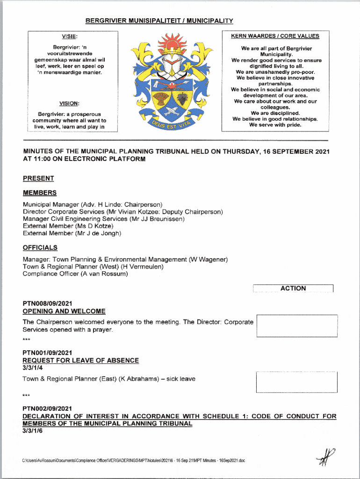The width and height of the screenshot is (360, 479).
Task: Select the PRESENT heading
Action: tap(38, 178)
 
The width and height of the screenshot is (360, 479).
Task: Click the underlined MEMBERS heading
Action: tap(40, 193)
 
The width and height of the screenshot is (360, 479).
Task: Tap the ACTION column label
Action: tap(293, 289)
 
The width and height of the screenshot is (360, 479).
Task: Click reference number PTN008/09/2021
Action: tap(47, 303)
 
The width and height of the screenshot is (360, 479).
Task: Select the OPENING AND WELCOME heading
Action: tap(64, 311)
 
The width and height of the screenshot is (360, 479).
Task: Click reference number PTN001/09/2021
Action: tap(47, 353)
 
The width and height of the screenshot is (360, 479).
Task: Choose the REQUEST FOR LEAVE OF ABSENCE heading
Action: tap(81, 360)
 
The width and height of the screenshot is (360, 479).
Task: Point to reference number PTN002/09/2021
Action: tap(47, 408)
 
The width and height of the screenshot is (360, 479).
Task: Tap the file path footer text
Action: tap(133, 461)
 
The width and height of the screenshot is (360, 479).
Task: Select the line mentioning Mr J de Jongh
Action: tap(72, 233)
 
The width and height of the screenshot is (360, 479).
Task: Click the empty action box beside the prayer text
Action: tap(297, 326)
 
